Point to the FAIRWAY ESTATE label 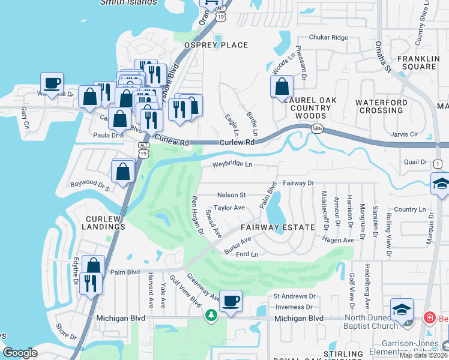(x=278, y=227)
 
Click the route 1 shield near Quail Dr (x=438, y=164)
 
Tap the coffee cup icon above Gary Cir (x=52, y=83)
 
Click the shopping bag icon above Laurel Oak (x=282, y=87)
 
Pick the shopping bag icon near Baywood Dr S (x=123, y=171)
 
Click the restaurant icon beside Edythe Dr (x=91, y=283)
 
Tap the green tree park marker (x=211, y=315)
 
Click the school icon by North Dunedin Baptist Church (x=402, y=310)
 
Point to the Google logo (x=20, y=353)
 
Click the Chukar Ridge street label (x=328, y=37)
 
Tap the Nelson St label (x=231, y=195)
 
